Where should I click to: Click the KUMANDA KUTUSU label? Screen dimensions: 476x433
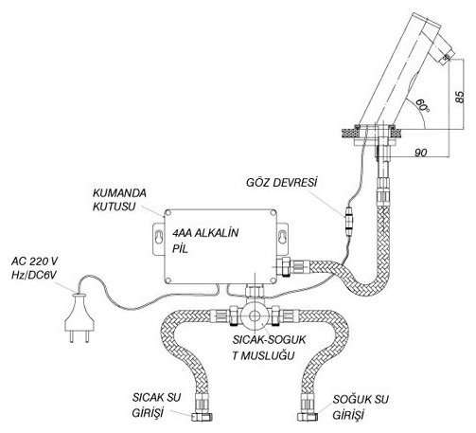[x=119, y=200]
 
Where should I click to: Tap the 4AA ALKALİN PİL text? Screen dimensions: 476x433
[x=205, y=241]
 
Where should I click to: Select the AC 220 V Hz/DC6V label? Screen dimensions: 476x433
[x=34, y=268]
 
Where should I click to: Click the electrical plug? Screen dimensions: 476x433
[x=79, y=318]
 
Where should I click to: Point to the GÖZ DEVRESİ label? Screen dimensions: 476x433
[x=281, y=182]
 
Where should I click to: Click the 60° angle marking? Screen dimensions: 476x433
[x=422, y=105]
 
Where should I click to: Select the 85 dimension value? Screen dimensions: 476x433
[x=460, y=97]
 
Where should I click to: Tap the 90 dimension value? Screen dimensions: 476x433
[x=420, y=153]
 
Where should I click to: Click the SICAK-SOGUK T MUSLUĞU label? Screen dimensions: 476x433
[x=269, y=348]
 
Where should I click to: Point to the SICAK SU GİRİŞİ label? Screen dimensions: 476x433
[x=156, y=405]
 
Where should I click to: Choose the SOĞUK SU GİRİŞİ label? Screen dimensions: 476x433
[x=361, y=406]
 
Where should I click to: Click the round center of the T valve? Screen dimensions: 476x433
[x=255, y=316]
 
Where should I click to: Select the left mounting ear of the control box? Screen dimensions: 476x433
[x=159, y=239]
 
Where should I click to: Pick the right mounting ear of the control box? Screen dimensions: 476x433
[x=283, y=239]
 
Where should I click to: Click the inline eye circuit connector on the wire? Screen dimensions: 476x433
[x=349, y=221]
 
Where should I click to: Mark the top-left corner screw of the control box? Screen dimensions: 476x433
[x=168, y=212]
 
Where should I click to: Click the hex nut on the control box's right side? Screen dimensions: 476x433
[x=286, y=265]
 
